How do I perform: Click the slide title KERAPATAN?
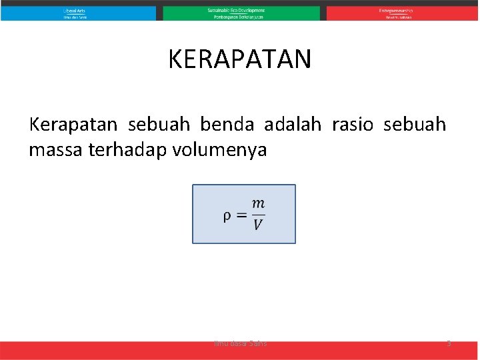(x=239, y=59)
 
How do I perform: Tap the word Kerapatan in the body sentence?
(x=73, y=125)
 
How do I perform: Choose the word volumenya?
(x=219, y=150)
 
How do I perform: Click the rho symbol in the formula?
(x=227, y=215)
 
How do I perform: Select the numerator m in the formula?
(x=258, y=203)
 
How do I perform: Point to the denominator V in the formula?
(x=258, y=225)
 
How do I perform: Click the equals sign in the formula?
(x=241, y=215)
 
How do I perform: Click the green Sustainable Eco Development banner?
(x=241, y=13)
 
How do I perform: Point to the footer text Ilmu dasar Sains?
(x=240, y=343)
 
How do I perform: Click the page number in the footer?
(x=449, y=343)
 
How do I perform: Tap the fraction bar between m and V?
(x=258, y=214)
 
